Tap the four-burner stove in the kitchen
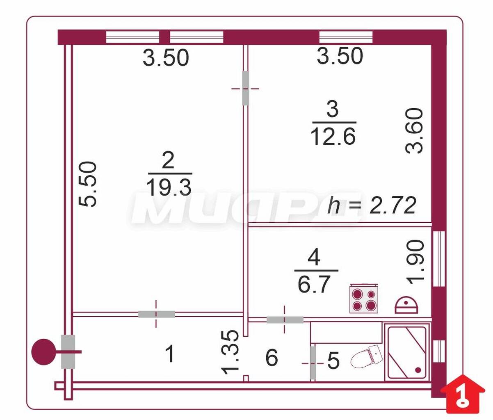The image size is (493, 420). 363,298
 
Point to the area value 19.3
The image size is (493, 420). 169,187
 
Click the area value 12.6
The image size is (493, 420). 333,137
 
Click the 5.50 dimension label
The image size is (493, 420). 87,184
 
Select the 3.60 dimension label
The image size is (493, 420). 414,131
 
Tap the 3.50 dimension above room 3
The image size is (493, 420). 340,56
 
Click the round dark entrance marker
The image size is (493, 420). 43,352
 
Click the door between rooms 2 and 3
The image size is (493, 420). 246,88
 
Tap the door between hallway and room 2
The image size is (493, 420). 156,314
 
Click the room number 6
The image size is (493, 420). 272,357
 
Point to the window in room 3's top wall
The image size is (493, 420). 346,37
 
